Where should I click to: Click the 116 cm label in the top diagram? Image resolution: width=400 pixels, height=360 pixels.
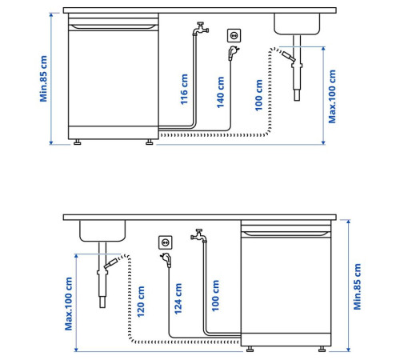click(184, 90)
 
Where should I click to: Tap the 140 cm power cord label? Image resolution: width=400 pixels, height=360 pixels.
click(221, 93)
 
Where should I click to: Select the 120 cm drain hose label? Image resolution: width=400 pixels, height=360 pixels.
click(141, 302)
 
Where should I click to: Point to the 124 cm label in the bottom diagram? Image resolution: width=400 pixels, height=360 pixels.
click(178, 298)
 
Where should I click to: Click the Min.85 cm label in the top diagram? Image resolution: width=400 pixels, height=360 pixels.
click(43, 78)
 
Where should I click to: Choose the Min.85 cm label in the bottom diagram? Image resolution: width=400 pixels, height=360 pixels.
click(357, 286)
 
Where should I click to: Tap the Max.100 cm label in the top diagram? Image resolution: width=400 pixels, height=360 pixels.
click(332, 97)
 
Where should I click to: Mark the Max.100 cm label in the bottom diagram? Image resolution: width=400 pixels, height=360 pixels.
click(69, 304)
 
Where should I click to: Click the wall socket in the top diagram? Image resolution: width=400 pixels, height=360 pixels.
click(234, 35)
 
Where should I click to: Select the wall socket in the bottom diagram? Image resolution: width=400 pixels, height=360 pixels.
click(166, 242)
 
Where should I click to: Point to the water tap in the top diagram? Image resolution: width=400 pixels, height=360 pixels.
click(201, 29)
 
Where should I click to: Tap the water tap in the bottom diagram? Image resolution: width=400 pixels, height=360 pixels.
click(198, 236)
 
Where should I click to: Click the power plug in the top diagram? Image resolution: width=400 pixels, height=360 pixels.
click(234, 53)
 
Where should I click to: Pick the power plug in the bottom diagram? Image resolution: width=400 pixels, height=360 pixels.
click(166, 260)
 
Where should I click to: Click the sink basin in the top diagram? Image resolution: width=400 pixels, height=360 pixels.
click(297, 24)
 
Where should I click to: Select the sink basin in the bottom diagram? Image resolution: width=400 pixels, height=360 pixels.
click(102, 231)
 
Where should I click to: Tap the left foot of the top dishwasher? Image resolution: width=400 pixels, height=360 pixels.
click(78, 142)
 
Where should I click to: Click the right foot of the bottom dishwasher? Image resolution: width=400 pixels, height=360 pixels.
click(322, 349)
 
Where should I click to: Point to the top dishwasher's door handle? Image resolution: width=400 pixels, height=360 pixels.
click(114, 26)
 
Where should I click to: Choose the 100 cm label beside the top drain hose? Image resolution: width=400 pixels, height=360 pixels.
click(258, 95)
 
